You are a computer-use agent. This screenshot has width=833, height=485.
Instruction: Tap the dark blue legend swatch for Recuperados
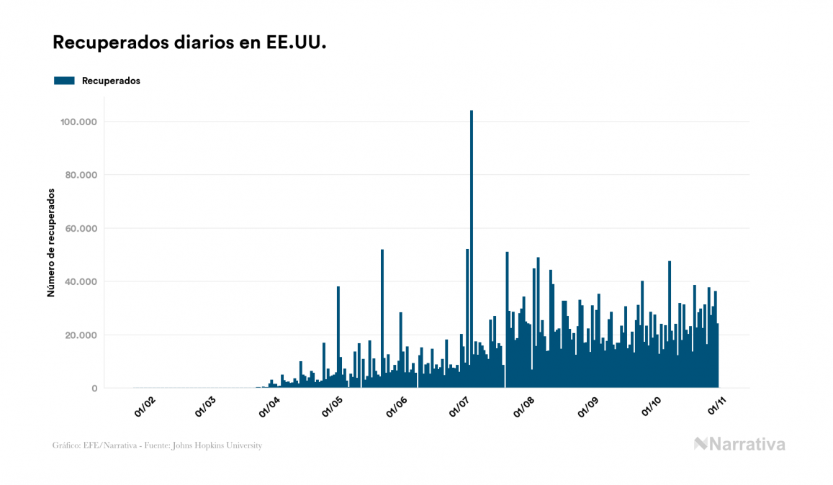pos(64,81)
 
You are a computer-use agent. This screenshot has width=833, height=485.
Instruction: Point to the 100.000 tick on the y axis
pos(79,122)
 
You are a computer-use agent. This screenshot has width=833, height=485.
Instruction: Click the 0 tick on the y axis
pos(94,389)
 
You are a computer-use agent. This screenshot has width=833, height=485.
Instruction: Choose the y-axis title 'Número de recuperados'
pos(51,242)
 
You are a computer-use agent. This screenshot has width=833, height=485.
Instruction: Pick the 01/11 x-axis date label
pos(716,408)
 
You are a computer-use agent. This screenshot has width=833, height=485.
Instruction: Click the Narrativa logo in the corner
pos(739,444)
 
